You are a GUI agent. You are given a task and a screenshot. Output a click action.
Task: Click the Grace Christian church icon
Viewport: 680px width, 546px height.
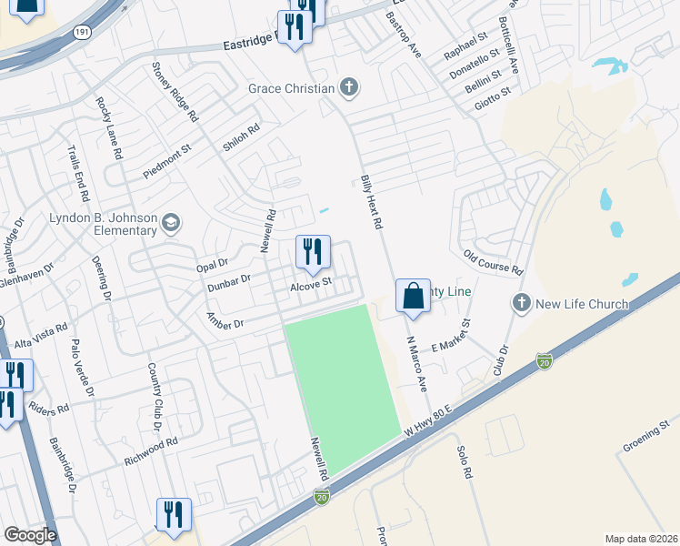(348, 88)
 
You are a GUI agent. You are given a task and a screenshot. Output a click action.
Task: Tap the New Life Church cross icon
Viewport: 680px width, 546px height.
(521, 303)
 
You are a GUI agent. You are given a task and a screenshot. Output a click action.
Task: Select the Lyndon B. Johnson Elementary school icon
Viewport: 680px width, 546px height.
(170, 223)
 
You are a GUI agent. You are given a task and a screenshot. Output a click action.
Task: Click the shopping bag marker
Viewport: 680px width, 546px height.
(413, 297)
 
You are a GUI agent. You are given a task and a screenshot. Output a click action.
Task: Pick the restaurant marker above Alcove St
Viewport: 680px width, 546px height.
(313, 253)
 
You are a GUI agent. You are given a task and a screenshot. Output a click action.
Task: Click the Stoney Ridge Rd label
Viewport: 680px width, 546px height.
(175, 93)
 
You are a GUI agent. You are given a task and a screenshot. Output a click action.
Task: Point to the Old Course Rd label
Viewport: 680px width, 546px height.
(493, 264)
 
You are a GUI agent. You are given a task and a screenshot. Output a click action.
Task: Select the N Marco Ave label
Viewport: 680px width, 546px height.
(416, 364)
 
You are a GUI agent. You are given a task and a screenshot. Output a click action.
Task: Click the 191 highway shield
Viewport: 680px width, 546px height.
(82, 33)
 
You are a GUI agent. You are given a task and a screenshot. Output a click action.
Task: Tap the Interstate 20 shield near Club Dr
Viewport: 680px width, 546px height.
(544, 360)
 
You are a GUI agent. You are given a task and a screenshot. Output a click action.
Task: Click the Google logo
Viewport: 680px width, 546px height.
(30, 535)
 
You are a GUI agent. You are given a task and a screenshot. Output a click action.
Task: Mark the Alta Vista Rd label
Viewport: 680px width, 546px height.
(42, 335)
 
